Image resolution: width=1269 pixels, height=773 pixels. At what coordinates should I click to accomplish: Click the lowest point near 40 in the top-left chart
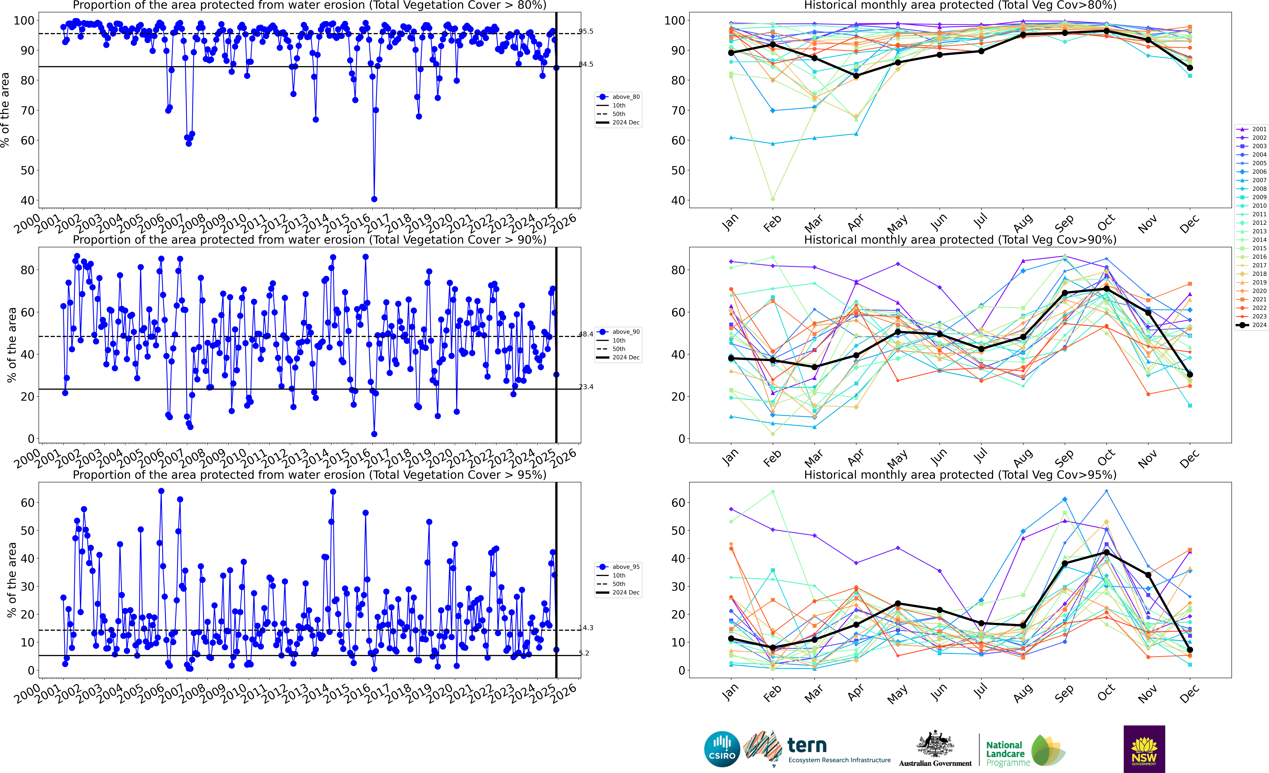click(x=374, y=199)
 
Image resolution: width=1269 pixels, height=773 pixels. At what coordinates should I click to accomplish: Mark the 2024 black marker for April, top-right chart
click(x=856, y=76)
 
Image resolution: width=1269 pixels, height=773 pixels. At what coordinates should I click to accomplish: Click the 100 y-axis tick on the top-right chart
click(x=675, y=21)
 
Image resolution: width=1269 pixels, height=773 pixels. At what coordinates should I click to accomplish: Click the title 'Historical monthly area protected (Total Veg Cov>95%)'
click(x=960, y=475)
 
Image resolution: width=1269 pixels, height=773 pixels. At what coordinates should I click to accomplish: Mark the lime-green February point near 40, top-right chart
click(x=773, y=199)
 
